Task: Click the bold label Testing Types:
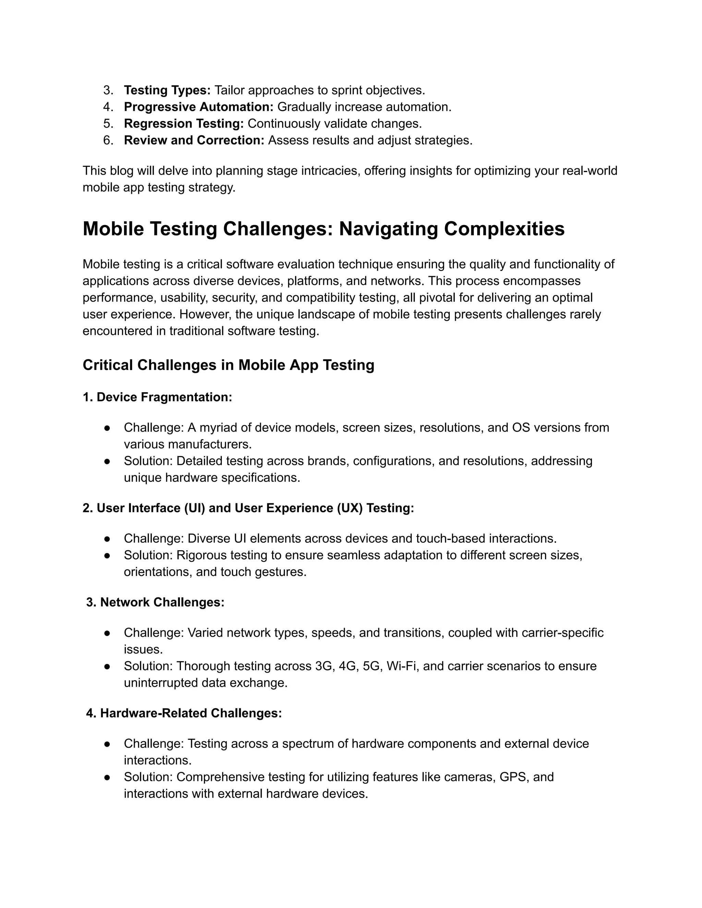point(167,90)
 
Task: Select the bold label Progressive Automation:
point(198,107)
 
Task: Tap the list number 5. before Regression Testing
point(108,123)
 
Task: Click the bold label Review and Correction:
point(194,140)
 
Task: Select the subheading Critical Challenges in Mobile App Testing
point(228,365)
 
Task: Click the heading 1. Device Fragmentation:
point(157,397)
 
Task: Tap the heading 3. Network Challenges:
point(155,602)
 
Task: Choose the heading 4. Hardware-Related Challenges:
point(184,713)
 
